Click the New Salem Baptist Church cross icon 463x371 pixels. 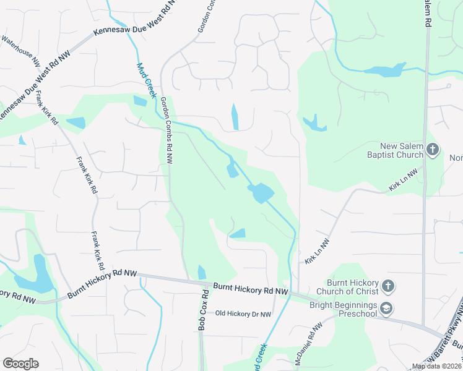[x=432, y=149]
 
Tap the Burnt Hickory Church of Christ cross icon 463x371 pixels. [x=387, y=286]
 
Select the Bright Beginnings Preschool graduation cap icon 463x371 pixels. [x=386, y=308]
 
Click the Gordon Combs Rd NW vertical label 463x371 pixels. [x=167, y=130]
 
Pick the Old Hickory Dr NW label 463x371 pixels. [x=243, y=314]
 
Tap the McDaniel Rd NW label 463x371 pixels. [x=308, y=344]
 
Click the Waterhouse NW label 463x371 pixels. [x=20, y=51]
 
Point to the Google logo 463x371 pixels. [x=20, y=364]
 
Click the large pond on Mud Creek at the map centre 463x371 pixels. [x=261, y=193]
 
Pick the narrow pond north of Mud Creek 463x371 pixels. [x=235, y=117]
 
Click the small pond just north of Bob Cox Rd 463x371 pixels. [x=202, y=272]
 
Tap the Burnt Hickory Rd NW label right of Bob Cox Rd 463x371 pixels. [x=251, y=288]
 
